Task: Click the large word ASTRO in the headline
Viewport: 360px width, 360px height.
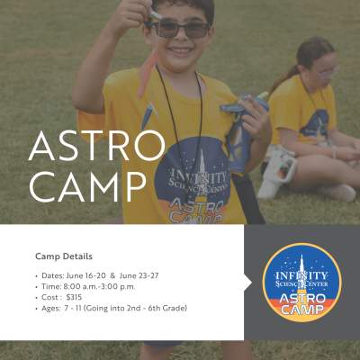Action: pyautogui.click(x=97, y=147)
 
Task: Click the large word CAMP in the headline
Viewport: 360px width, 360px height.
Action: pyautogui.click(x=87, y=186)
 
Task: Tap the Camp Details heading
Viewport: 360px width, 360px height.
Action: pyautogui.click(x=64, y=256)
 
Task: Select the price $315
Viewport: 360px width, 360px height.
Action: pyautogui.click(x=74, y=297)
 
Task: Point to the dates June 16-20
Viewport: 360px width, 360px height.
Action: pyautogui.click(x=86, y=275)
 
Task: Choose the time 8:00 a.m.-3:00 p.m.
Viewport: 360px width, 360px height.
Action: pyautogui.click(x=99, y=287)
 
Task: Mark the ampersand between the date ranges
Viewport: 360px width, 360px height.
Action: pyautogui.click(x=112, y=275)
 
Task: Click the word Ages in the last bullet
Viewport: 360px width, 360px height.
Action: pyautogui.click(x=50, y=309)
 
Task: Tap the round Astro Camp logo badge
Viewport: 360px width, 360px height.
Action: pyautogui.click(x=302, y=283)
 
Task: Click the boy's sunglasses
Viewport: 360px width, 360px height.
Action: pyautogui.click(x=179, y=29)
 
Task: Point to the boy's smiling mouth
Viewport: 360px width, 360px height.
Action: pyautogui.click(x=179, y=51)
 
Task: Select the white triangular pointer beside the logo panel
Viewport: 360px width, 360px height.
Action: pyautogui.click(x=248, y=283)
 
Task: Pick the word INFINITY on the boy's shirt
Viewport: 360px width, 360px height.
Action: pyautogui.click(x=198, y=175)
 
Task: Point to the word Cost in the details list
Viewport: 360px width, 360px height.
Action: pyautogui.click(x=49, y=297)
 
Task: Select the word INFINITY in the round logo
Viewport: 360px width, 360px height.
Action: pyautogui.click(x=301, y=275)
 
